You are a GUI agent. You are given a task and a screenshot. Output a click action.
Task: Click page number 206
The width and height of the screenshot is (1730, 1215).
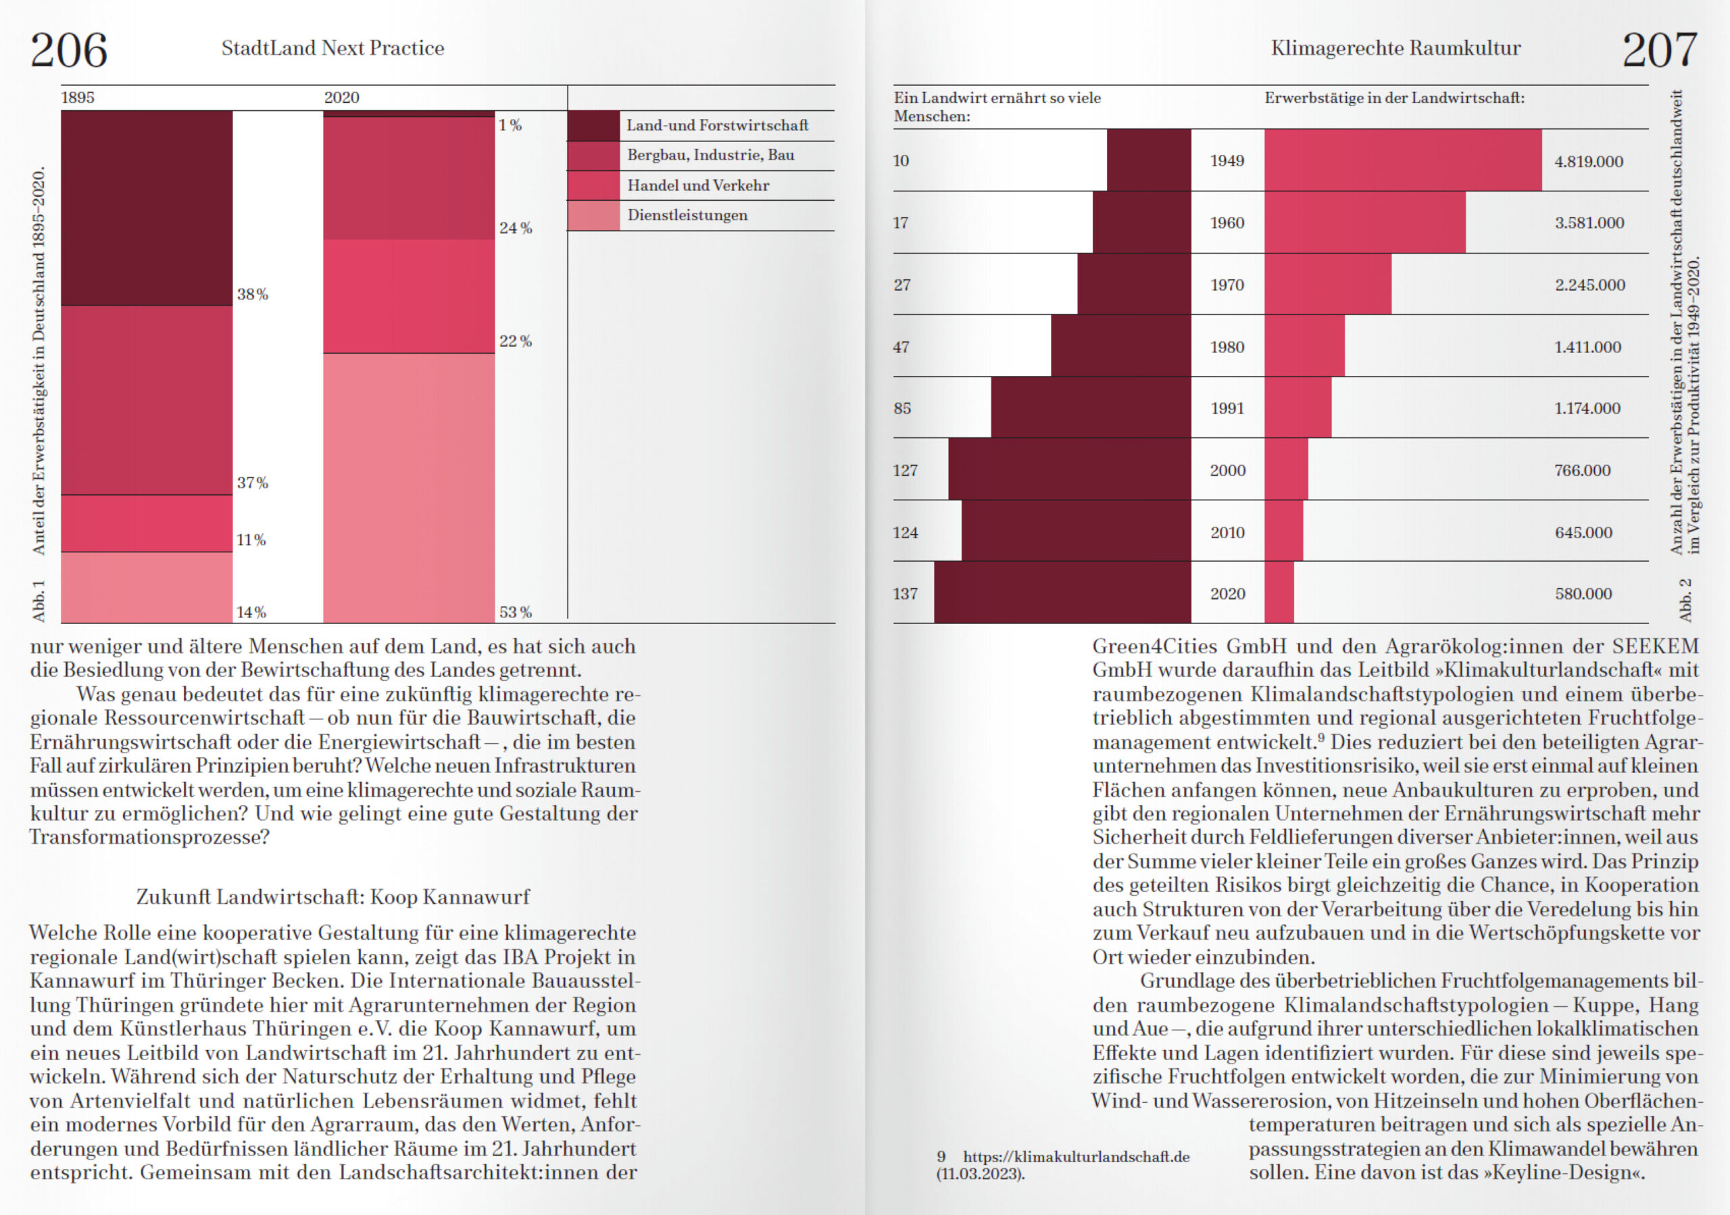tap(68, 51)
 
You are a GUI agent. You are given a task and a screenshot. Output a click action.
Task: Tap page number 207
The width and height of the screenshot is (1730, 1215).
tap(1659, 51)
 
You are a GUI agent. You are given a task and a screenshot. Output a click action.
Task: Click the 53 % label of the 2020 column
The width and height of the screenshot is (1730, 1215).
tap(516, 612)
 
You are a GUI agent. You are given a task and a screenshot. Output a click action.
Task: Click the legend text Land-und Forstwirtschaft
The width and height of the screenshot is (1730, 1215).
tap(717, 125)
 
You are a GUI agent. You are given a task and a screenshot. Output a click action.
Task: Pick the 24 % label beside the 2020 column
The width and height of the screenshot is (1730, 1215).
tap(516, 228)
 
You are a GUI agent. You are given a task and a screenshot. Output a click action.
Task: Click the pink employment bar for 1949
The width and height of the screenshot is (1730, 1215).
tap(1403, 160)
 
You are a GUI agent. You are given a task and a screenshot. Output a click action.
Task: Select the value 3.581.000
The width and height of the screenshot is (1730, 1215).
tap(1589, 223)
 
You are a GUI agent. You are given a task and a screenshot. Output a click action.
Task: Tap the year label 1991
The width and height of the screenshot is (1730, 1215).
tap(1227, 408)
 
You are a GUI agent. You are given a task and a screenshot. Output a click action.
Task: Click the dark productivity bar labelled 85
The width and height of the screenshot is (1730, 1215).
tap(1090, 408)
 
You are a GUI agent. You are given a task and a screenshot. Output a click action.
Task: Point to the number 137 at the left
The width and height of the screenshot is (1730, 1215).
tap(905, 594)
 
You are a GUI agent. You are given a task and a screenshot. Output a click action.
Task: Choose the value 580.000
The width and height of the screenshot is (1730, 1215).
tap(1583, 594)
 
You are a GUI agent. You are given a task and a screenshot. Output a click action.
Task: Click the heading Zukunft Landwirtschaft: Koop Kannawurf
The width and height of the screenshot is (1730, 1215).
tap(332, 897)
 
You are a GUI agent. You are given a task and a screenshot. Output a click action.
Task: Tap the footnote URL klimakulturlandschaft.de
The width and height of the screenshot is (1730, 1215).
tap(1076, 1157)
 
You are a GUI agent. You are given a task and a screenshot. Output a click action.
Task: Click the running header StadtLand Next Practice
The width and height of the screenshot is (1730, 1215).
tap(332, 48)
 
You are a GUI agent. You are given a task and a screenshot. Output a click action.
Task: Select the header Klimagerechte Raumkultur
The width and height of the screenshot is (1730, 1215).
tap(1395, 48)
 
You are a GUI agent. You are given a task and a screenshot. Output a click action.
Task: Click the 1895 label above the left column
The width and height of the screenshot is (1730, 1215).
tap(78, 98)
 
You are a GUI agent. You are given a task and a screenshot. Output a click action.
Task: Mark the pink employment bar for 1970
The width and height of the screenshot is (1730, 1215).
tap(1328, 284)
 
